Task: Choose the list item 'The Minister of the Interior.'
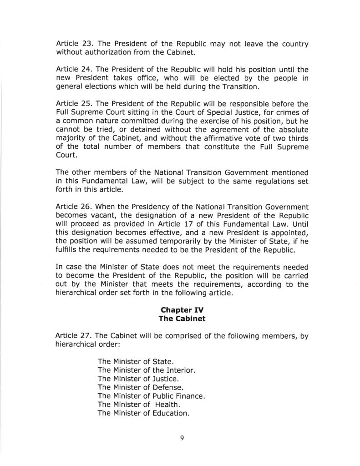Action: pyautogui.click(x=147, y=370)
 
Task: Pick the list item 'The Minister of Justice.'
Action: pyautogui.click(x=138, y=379)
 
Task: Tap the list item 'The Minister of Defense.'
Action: pyautogui.click(x=140, y=387)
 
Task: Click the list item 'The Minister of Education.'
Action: pyautogui.click(x=143, y=413)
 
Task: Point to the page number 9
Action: pyautogui.click(x=181, y=438)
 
